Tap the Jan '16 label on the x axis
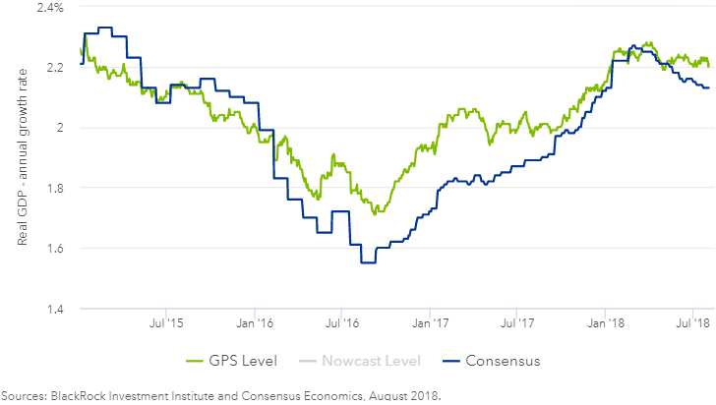click(x=254, y=321)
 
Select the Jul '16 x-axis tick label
click(x=340, y=321)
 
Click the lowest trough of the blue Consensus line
click(x=368, y=262)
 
